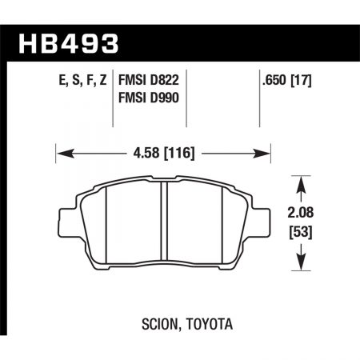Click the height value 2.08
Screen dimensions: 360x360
click(x=304, y=214)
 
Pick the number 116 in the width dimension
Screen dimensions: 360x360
click(x=182, y=150)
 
